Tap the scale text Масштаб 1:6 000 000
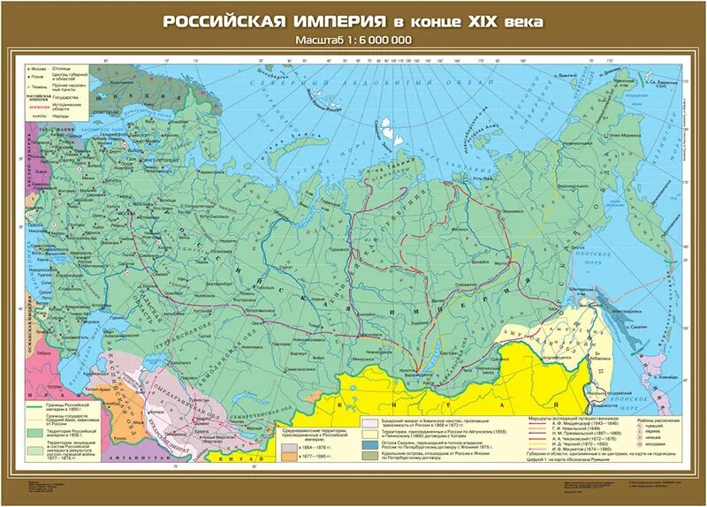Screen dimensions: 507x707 (353, 41)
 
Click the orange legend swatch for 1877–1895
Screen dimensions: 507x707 (288, 460)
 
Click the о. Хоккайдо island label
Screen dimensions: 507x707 (644, 375)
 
